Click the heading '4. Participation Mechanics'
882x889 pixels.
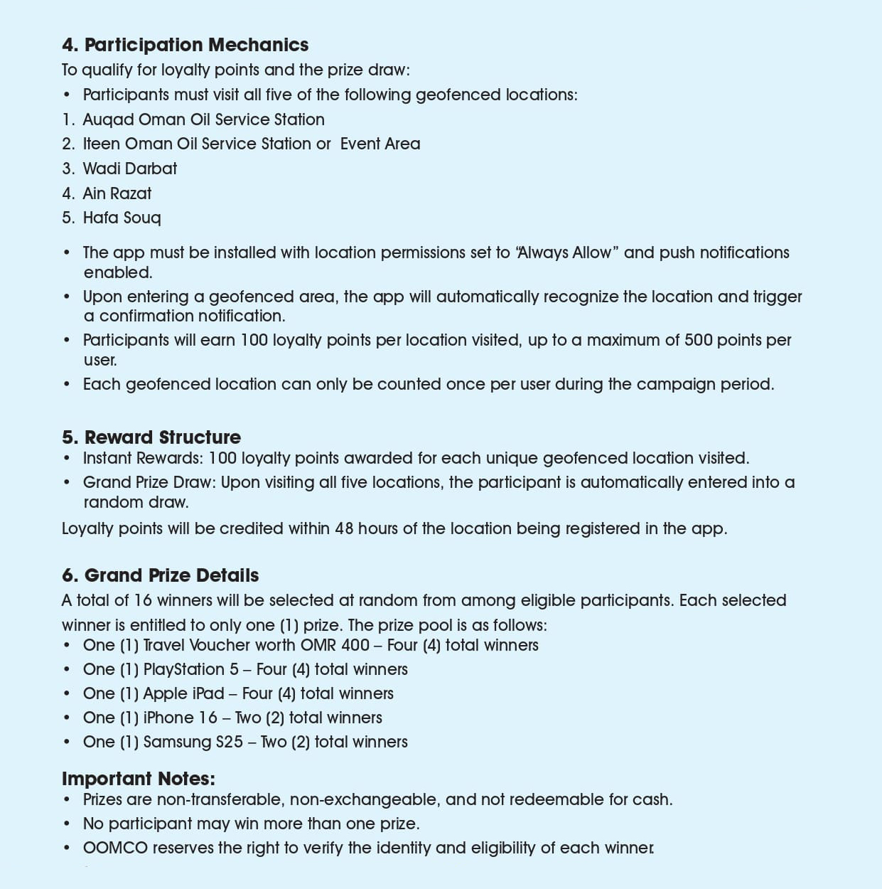tap(185, 45)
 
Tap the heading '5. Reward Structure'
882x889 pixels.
tap(151, 437)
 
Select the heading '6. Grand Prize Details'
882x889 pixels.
tap(160, 575)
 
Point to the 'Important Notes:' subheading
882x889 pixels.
tap(138, 779)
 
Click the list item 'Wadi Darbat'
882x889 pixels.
tap(129, 169)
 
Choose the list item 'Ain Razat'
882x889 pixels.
tap(117, 193)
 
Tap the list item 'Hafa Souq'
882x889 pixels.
tap(122, 218)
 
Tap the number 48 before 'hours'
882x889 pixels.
tap(344, 528)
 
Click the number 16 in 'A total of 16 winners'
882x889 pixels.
tap(143, 600)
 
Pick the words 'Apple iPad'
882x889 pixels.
tap(183, 693)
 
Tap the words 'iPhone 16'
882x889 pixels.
tap(180, 718)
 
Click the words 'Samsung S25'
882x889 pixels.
tap(193, 742)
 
